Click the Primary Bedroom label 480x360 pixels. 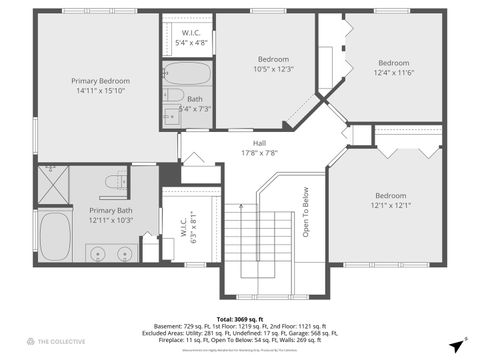point(99,80)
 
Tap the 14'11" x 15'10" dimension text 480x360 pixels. point(99,91)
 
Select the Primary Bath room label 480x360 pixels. point(110,210)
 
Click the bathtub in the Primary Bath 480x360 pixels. point(54,236)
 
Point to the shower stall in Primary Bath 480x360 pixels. point(52,185)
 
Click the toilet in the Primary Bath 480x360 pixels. point(117,181)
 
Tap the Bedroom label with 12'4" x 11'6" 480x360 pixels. point(393,62)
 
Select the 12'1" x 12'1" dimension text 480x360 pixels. point(390,206)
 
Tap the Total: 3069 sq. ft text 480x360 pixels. point(239,316)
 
